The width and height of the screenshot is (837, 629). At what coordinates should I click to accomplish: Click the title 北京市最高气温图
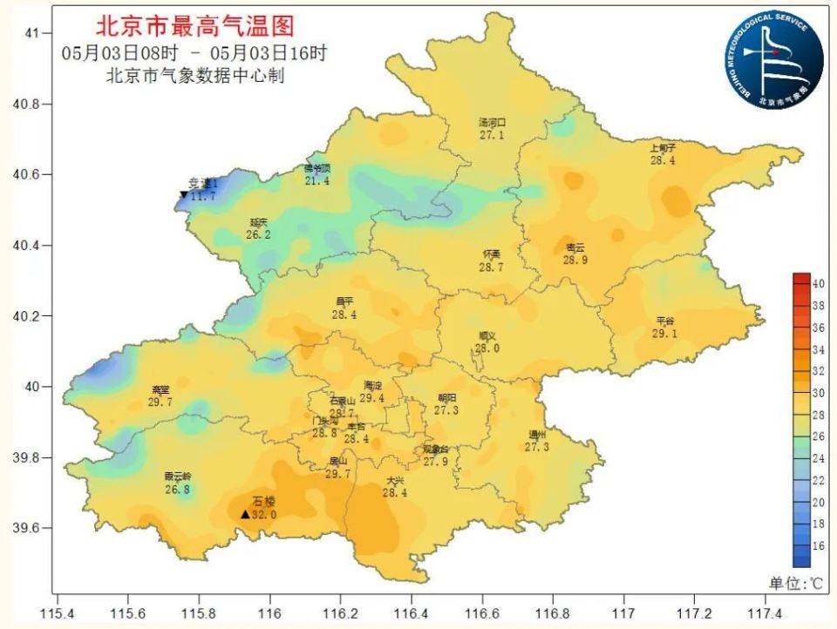(194, 25)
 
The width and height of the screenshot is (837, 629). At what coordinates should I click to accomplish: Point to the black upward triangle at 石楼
(245, 514)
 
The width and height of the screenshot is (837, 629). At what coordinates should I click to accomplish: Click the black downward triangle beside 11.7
(184, 195)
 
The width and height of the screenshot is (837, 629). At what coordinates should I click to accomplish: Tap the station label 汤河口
(492, 123)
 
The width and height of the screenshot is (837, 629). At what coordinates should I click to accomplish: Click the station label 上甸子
(663, 148)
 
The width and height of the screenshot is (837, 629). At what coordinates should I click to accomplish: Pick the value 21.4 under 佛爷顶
(317, 181)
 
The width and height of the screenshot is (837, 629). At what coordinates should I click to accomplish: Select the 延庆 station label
(259, 222)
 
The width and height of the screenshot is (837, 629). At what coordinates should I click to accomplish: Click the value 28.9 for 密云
(575, 260)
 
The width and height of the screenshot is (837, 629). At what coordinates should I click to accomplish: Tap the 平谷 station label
(665, 321)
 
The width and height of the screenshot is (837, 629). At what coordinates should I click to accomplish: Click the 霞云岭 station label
(177, 477)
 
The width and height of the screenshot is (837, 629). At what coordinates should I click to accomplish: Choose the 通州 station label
(536, 435)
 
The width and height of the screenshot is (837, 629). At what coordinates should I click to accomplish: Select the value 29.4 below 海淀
(372, 398)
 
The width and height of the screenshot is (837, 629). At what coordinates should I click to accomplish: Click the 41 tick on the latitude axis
(33, 33)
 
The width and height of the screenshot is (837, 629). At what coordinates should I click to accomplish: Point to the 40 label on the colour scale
(819, 284)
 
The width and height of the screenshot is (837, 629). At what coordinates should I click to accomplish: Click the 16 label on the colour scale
(819, 545)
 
